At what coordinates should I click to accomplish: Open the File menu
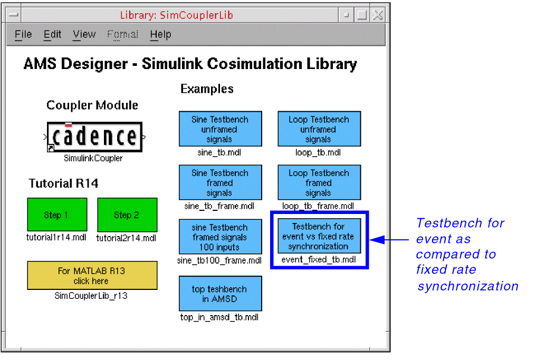point(23,35)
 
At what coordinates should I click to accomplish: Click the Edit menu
point(52,35)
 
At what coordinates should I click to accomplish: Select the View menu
point(84,35)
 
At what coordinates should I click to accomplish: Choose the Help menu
point(160,35)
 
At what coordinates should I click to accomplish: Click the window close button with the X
point(378,15)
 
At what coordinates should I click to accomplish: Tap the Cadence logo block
point(94,137)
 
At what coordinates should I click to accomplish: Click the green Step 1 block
point(56,215)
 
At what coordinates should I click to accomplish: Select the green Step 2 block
point(127,215)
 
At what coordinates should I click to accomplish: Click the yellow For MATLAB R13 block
point(92,275)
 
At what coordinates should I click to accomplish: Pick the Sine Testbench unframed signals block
point(220,129)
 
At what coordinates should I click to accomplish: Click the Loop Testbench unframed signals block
point(319,129)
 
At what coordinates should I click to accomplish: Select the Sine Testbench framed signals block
point(220,182)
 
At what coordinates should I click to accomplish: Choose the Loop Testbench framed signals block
point(319,182)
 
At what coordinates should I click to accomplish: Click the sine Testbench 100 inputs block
point(220,237)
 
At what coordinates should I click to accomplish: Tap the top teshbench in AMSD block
point(220,294)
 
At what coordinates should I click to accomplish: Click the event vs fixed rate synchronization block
point(319,236)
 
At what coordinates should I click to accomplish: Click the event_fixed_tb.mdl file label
point(319,259)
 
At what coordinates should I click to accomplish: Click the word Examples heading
point(207,89)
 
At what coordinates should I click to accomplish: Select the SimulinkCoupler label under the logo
point(93,158)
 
